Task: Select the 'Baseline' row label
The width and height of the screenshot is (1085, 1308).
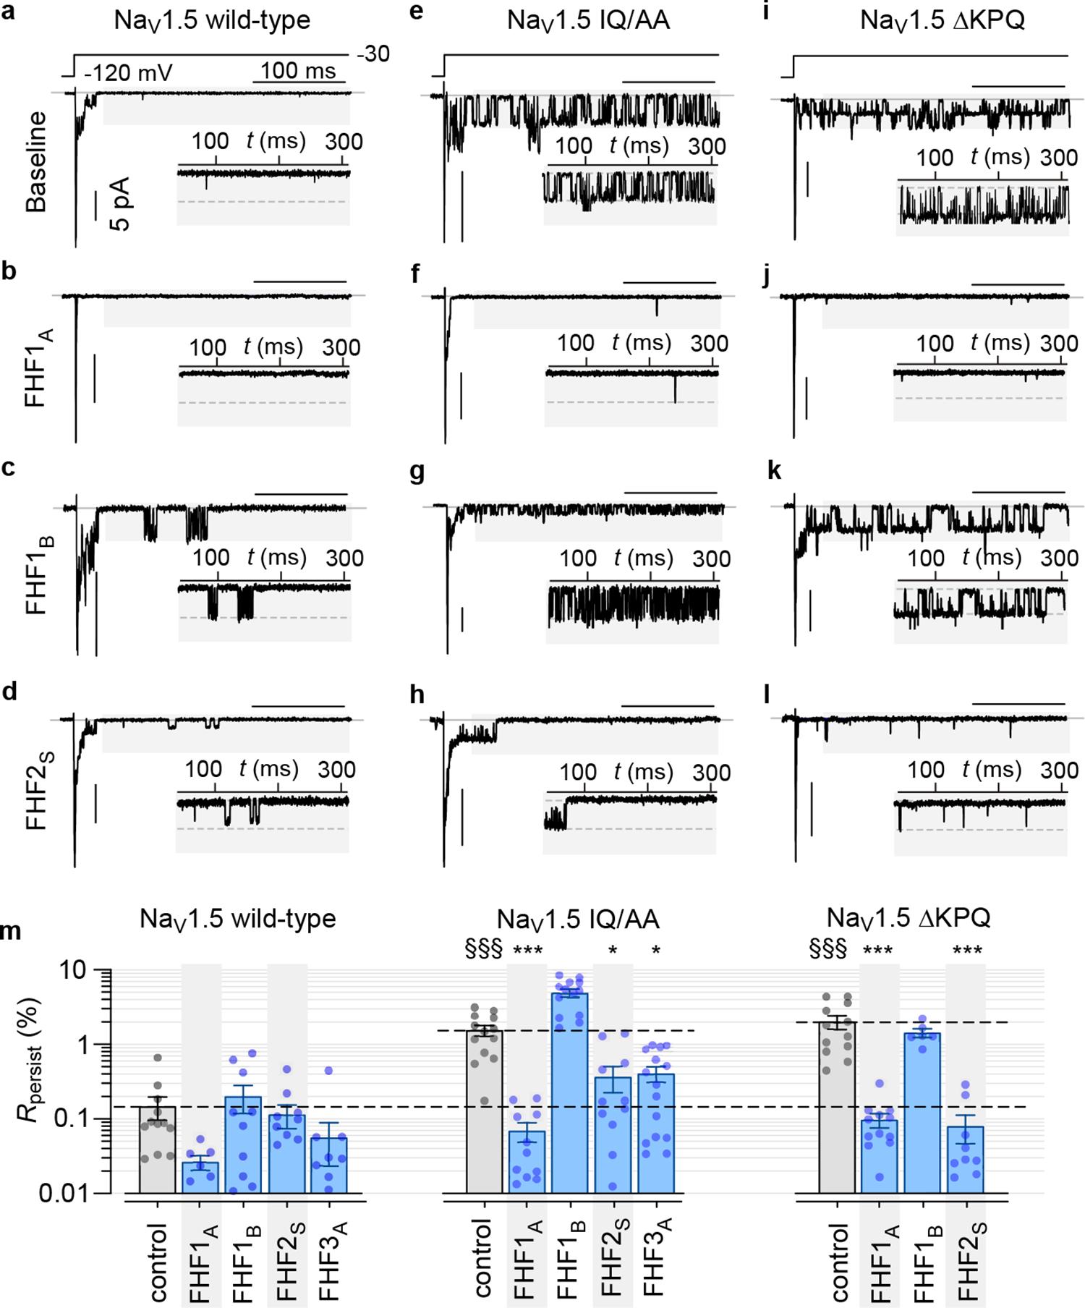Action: tap(36, 161)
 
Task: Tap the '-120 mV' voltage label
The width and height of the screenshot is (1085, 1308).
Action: tap(127, 73)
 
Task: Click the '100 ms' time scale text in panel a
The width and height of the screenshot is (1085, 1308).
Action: tap(298, 71)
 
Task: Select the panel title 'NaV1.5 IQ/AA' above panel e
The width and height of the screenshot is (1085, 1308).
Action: tap(588, 20)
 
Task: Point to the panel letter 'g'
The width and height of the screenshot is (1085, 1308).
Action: tap(417, 472)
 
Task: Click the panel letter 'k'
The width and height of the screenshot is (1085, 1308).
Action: tap(773, 471)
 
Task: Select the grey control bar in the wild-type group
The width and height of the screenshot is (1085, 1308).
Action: tap(157, 1150)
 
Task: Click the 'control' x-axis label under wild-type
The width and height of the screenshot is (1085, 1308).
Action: tap(157, 1262)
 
